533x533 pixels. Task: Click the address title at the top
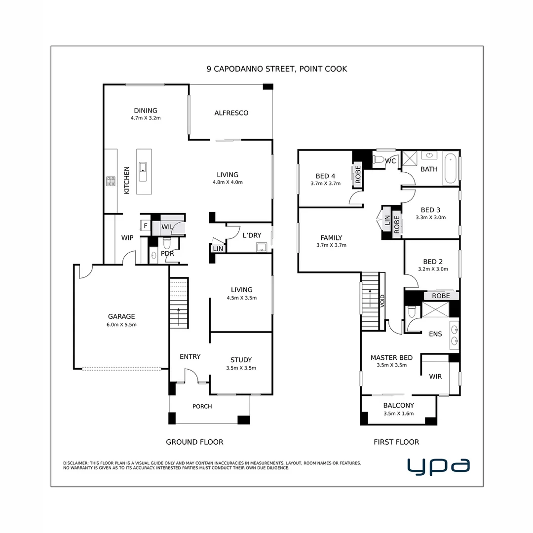point(277,69)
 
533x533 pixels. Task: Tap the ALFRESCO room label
point(231,113)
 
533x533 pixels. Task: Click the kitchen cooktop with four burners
point(111,181)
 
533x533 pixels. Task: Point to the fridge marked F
point(145,226)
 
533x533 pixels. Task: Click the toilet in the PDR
point(166,242)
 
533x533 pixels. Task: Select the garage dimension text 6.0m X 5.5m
point(121,325)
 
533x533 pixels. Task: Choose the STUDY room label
point(241,360)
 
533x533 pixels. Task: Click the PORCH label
point(202,407)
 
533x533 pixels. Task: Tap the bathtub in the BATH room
point(450,169)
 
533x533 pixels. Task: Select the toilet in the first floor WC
point(378,159)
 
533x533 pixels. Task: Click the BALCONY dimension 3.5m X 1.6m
point(398,414)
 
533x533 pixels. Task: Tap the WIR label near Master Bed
point(435,377)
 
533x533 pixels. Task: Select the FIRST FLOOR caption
point(396,442)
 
